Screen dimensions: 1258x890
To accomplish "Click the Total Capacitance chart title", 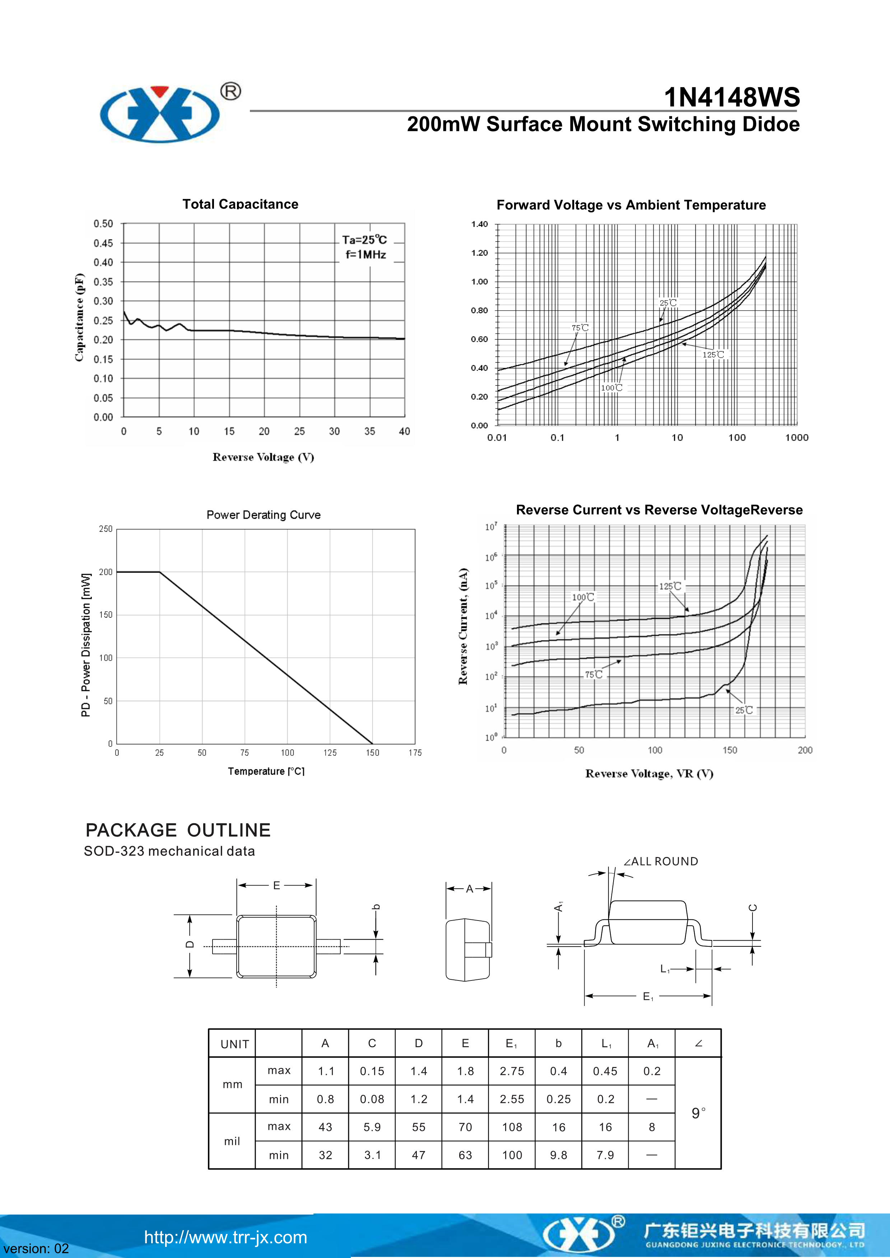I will point(240,204).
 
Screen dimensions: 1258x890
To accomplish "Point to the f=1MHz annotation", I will point(365,255).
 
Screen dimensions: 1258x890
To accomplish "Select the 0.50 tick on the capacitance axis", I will point(103,224).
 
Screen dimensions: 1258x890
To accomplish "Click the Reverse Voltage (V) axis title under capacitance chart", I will point(263,457).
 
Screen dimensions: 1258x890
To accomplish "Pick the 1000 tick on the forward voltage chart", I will point(796,437).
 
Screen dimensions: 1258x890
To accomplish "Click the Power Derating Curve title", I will point(263,515).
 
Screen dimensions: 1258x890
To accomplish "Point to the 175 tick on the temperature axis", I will point(415,753).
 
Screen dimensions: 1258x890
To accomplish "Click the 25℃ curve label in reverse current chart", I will point(744,710).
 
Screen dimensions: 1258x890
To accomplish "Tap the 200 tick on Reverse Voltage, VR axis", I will point(805,750).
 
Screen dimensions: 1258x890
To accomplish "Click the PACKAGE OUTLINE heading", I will point(178,830).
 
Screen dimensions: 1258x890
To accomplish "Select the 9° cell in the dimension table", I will point(698,1113).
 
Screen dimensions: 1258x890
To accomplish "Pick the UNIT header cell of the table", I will point(234,1044).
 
